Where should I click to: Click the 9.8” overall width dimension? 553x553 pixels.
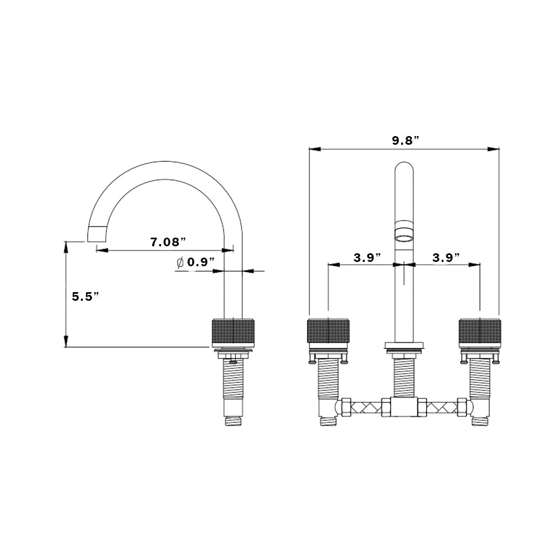coord(405,140)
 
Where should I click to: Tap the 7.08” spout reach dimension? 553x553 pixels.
coord(168,242)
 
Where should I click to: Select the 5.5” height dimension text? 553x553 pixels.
coord(85,296)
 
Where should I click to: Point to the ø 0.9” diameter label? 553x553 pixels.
coord(195,262)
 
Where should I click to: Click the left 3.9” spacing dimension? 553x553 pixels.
coord(367,258)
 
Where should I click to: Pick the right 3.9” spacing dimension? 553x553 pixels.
coord(446,258)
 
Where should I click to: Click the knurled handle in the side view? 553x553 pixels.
coord(233,333)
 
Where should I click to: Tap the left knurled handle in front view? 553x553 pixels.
coord(328,331)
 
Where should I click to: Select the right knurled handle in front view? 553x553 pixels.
coord(480,331)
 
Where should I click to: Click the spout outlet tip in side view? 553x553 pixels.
coord(96,234)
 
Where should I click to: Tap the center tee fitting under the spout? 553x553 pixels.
coord(404,407)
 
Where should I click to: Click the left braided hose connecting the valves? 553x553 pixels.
coord(366,407)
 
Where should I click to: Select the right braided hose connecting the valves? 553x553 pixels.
coord(442,407)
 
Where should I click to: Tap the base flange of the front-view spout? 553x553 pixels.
coord(404,345)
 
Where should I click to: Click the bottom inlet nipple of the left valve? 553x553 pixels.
coord(328,421)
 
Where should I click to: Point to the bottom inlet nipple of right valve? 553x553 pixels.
coord(480,421)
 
